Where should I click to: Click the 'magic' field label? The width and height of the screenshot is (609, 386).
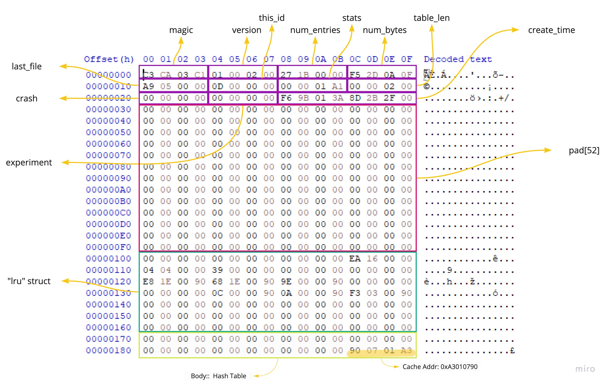point(181,30)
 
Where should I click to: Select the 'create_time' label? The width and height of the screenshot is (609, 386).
point(551,30)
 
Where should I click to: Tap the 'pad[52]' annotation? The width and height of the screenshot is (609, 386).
point(584,150)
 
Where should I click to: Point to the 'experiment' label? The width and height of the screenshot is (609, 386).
point(29,162)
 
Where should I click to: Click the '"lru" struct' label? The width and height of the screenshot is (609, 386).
point(29,281)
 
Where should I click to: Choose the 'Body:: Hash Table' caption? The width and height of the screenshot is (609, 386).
point(218,376)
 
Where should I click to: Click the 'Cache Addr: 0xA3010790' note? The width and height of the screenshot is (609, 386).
point(440,367)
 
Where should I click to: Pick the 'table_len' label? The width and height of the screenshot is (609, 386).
point(431,18)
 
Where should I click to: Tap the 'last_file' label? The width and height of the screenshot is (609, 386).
point(27,66)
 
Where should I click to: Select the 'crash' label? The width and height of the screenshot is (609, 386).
point(27,98)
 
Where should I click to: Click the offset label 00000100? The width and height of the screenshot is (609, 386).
point(108,259)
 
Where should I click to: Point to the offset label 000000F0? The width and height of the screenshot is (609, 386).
point(108,247)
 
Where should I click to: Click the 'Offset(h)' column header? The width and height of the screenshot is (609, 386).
point(109,59)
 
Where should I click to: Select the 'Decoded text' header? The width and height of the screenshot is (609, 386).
point(458,59)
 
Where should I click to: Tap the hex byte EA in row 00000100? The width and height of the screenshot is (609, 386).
point(355,259)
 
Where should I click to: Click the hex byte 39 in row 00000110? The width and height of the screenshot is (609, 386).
point(217,270)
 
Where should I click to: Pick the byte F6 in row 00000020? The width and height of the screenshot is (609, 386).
point(286,98)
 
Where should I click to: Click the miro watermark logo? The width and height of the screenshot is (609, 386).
point(585,369)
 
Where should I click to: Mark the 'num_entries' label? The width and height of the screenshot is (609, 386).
point(315,30)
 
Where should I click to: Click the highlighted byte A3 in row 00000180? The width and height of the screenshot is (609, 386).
point(406,351)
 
